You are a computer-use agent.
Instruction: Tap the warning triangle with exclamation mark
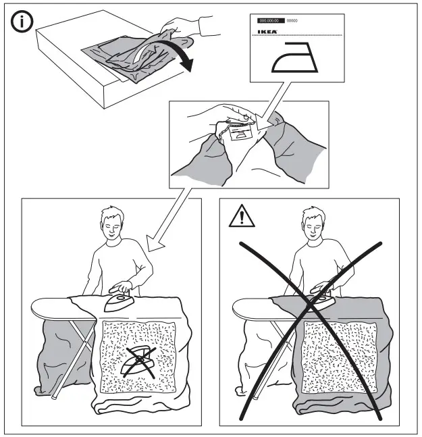(x=240, y=217)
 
